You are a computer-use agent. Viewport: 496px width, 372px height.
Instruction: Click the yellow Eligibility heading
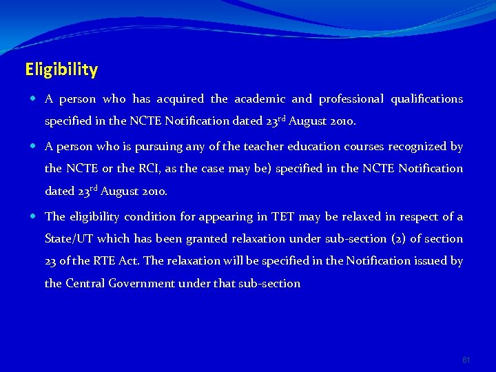click(61, 70)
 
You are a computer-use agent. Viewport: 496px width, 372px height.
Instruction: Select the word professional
click(351, 99)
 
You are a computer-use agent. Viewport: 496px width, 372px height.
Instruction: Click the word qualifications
click(426, 99)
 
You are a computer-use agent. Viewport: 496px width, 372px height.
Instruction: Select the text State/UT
click(68, 239)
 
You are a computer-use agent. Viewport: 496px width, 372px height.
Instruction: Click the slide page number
click(466, 360)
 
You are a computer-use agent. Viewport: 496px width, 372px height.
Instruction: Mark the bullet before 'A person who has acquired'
click(34, 99)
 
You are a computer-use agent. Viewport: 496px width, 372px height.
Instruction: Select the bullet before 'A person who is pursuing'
click(34, 147)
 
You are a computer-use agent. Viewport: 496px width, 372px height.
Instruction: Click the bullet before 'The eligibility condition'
click(34, 217)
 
